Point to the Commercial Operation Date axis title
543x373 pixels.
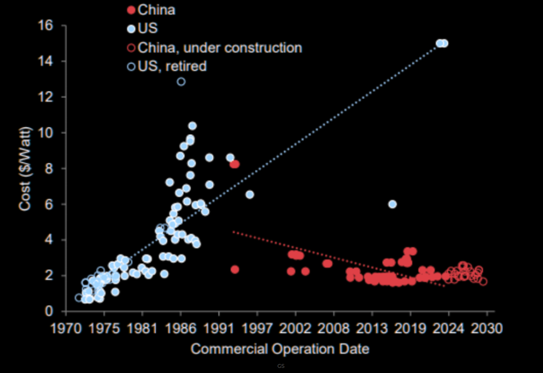click(x=280, y=349)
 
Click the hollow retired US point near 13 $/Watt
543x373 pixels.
click(x=181, y=82)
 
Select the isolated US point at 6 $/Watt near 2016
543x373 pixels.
click(x=392, y=204)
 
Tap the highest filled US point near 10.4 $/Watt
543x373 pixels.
click(x=192, y=126)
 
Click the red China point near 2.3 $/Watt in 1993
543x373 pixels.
click(x=234, y=270)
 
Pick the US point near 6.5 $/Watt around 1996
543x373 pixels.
click(x=250, y=194)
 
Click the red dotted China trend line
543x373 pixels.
click(x=322, y=255)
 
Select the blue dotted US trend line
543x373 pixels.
click(x=322, y=134)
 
